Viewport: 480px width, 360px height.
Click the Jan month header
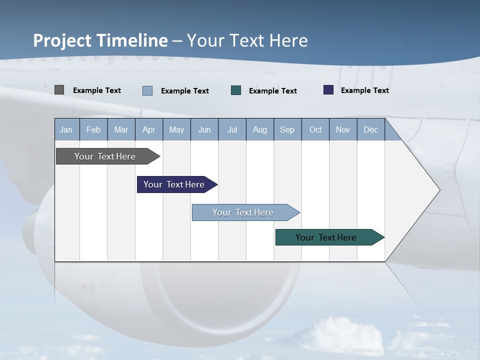pos(66,129)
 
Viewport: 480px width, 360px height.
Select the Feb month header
pos(93,129)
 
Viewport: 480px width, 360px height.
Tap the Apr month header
pos(149,129)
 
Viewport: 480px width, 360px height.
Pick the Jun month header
pos(204,129)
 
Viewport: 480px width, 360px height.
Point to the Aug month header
pos(260,129)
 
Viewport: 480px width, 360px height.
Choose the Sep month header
pos(287,129)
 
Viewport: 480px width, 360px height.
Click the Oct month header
pos(315,129)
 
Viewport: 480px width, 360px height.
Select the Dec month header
pos(371,129)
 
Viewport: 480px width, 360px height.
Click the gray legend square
pos(59,90)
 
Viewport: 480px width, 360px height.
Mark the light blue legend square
pos(147,90)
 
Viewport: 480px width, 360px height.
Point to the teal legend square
pos(236,90)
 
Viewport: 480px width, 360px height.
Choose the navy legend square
pos(328,90)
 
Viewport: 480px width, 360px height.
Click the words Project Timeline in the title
pos(100,40)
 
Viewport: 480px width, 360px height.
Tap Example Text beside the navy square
pos(364,90)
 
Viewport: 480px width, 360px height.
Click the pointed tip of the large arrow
pos(438,189)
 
